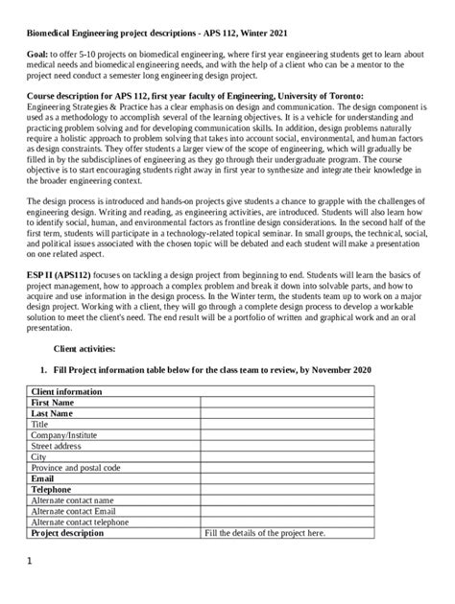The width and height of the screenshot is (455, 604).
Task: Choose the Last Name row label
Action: (55, 414)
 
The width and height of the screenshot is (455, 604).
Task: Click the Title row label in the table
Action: (40, 425)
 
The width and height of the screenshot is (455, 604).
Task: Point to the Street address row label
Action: (62, 446)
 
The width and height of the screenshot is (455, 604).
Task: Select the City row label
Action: (39, 456)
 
